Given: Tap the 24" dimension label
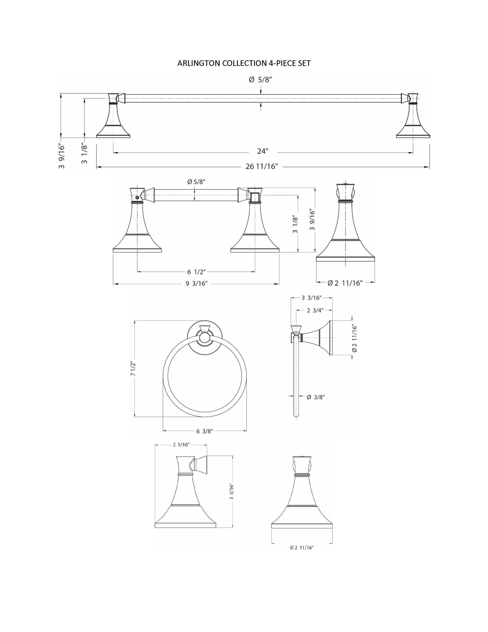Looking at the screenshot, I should (x=263, y=151).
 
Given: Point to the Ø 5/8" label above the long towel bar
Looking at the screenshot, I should (x=260, y=80).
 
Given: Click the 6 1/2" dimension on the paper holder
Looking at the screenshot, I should (x=196, y=272).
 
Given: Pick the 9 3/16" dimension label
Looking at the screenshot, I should (x=197, y=284).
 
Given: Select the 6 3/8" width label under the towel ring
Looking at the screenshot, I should (x=205, y=431).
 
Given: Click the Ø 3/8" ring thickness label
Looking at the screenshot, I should (x=316, y=397).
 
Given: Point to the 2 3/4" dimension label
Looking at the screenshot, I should (x=315, y=311).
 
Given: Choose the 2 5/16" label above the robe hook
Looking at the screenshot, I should (x=181, y=445).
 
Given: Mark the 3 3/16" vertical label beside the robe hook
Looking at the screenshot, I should (x=231, y=492).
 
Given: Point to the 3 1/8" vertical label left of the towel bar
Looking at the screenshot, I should (x=84, y=154).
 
